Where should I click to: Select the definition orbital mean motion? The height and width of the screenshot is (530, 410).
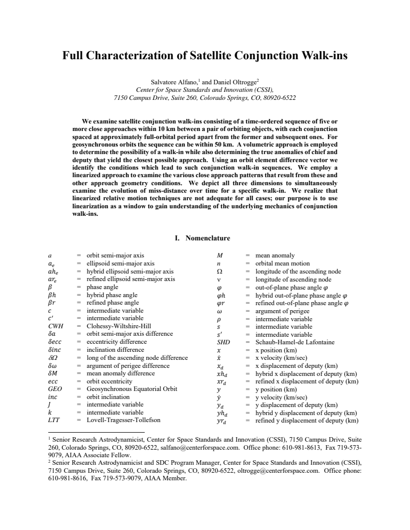click(x=283, y=263)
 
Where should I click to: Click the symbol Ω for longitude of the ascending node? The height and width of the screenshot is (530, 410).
click(x=219, y=271)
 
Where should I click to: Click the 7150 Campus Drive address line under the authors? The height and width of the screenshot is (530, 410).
click(x=205, y=97)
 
